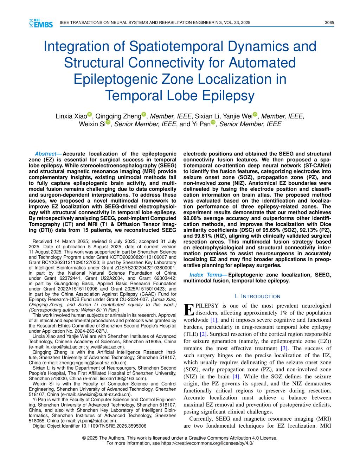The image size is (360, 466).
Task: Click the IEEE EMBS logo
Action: pyautogui.click(x=41, y=23)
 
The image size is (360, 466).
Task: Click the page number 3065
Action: pyautogui.click(x=329, y=23)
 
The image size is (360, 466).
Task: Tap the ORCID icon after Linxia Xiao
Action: pyautogui.click(x=89, y=114)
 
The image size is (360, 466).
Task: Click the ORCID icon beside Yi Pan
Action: pyautogui.click(x=213, y=122)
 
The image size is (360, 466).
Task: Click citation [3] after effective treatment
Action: pyautogui.click(x=284, y=348)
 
